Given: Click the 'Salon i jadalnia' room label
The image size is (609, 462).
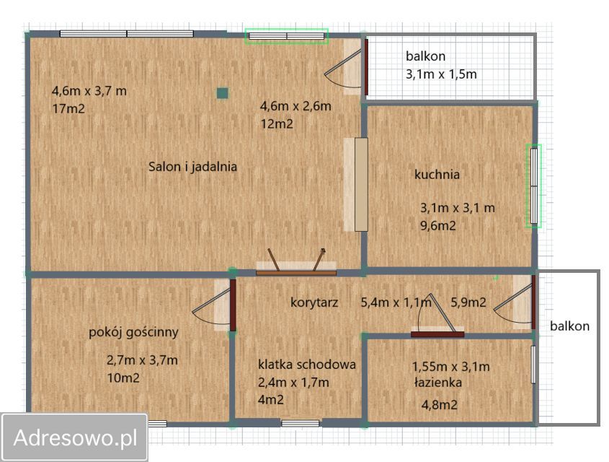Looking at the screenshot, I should click(192, 167).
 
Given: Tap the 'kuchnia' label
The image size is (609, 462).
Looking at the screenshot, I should click(437, 174).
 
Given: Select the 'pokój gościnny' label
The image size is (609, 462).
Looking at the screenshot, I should click(133, 332).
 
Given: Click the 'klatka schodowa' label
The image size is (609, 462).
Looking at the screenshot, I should click(307, 365).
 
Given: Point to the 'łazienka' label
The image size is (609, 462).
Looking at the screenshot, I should click(437, 383).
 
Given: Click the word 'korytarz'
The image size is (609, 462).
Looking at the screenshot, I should click(315, 302).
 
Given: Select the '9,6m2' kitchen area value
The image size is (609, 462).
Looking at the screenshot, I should click(439, 225).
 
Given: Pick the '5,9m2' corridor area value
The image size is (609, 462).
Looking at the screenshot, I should click(468, 302).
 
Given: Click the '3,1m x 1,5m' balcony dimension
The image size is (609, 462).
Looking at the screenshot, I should click(441, 73).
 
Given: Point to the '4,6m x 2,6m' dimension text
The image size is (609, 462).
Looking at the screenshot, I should click(295, 106).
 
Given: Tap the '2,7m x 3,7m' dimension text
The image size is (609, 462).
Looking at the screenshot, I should click(142, 360).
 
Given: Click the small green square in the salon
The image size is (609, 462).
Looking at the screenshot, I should click(223, 92).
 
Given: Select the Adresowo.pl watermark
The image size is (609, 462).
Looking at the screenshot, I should click(75, 437).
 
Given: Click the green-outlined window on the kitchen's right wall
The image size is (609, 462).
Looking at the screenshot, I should click(533, 186).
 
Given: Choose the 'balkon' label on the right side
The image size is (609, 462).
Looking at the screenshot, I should click(569, 326).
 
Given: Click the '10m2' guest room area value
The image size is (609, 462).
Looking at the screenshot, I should click(123, 378).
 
